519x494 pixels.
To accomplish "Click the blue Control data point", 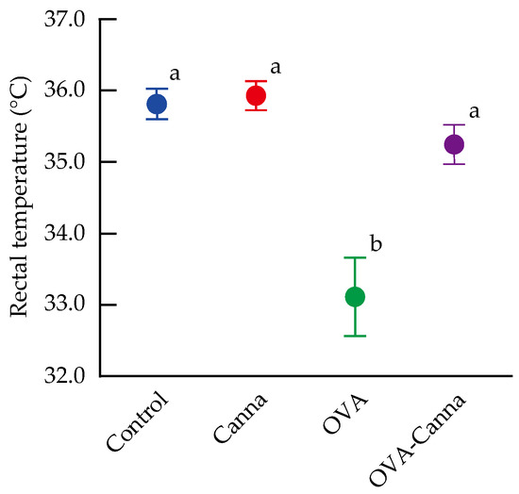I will pos(157,104).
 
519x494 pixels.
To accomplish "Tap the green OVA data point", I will pos(355,297).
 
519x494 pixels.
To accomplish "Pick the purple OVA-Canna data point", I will pos(454,144).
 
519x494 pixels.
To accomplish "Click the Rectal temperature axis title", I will pos(20,198).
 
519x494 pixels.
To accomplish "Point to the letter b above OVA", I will pos(376,246).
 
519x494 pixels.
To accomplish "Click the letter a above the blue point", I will pos(176,73).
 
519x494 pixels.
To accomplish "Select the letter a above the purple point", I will pos(475,112).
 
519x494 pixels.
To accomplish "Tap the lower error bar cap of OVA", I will pos(355,337).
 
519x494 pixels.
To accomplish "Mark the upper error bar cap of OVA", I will pos(355,257).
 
